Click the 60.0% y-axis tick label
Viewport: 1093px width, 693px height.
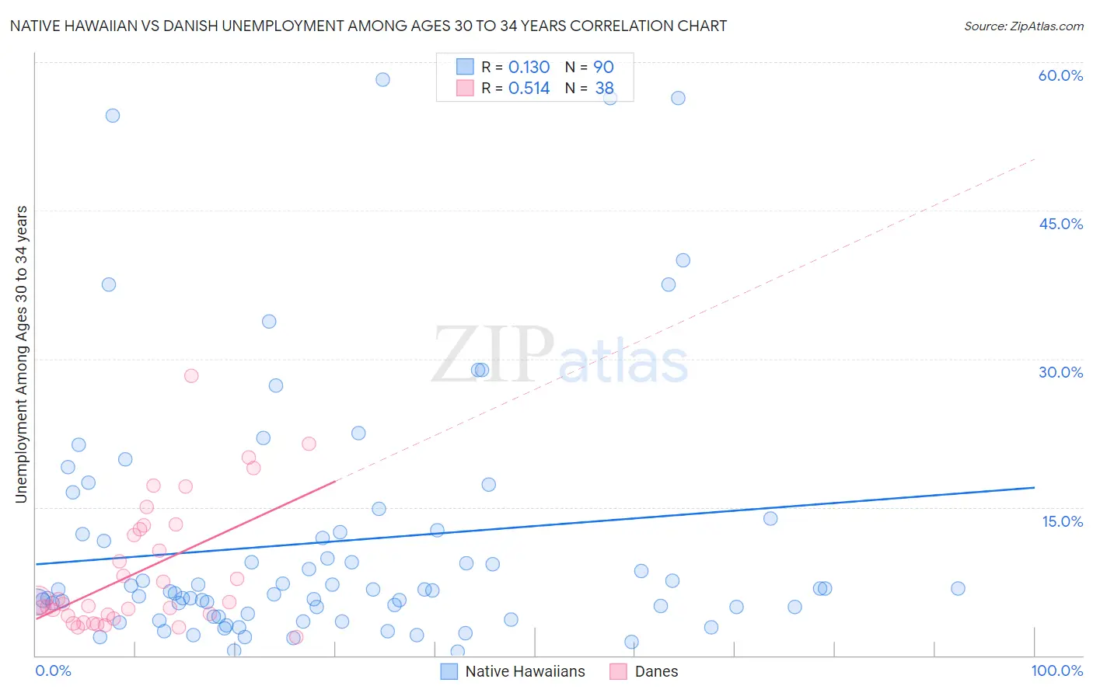(x=1060, y=75)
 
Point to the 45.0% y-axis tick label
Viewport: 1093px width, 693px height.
(x=1060, y=224)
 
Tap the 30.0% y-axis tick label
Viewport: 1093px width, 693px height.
(x=1060, y=372)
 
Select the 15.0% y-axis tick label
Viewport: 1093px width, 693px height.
(x=1062, y=521)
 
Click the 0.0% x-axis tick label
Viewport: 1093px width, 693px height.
(x=53, y=670)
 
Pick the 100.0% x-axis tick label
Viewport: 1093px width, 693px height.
(x=1056, y=670)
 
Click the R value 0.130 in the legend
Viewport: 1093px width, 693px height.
(x=529, y=68)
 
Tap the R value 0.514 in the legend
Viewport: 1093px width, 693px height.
(x=529, y=89)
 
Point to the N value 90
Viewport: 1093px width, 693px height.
(x=603, y=68)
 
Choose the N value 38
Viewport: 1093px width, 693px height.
(x=604, y=89)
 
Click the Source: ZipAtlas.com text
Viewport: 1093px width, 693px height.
(x=1023, y=26)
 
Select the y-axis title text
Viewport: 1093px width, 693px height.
(x=21, y=354)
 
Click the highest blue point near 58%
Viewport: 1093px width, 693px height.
(x=382, y=79)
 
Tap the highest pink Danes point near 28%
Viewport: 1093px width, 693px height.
(x=191, y=375)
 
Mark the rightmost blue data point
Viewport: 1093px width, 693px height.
(x=958, y=588)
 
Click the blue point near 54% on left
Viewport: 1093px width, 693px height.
(x=113, y=116)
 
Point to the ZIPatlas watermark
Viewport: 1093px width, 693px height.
(x=560, y=356)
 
